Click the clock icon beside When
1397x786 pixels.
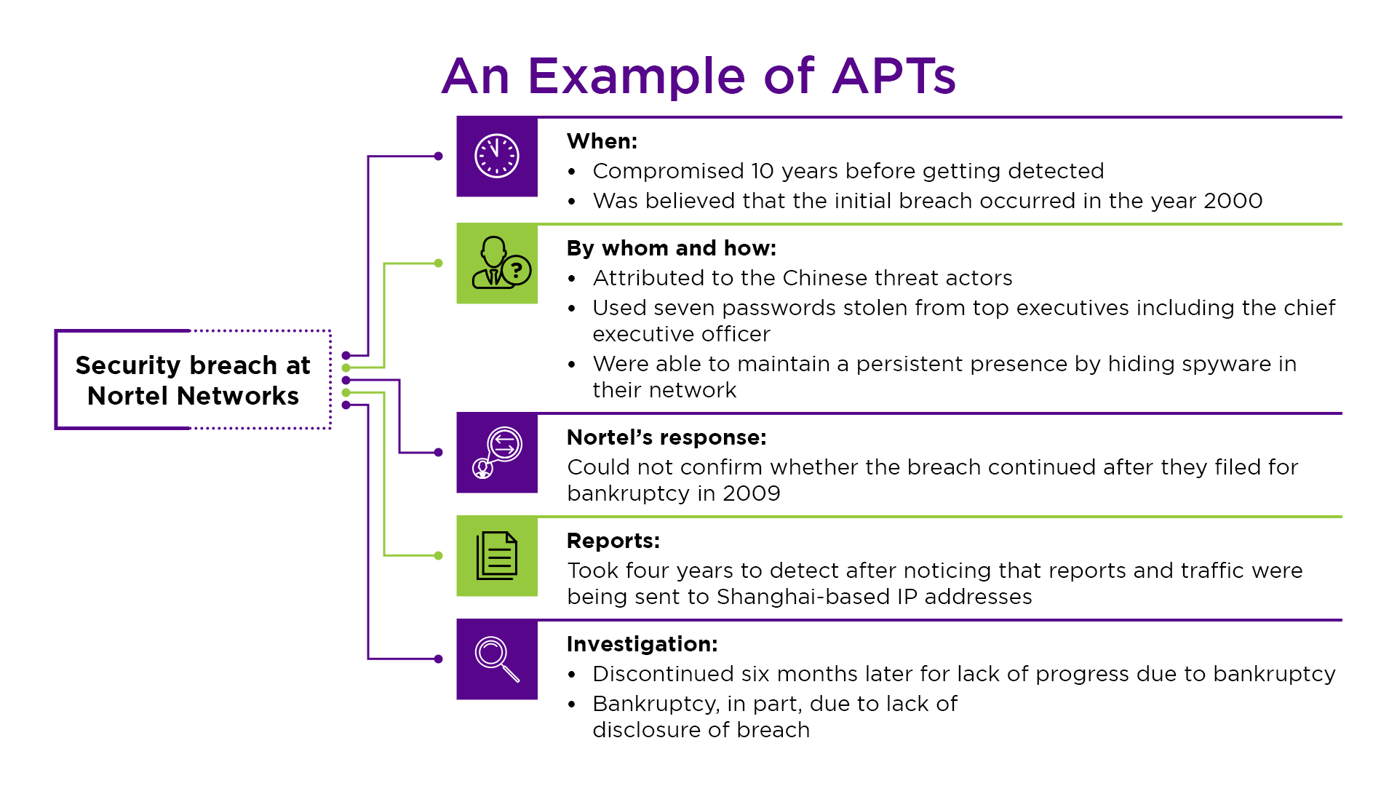pos(497,156)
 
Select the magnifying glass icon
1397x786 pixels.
pos(497,659)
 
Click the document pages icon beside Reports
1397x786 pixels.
pos(497,556)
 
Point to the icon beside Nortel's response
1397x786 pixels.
pos(497,453)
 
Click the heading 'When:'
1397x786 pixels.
pos(602,141)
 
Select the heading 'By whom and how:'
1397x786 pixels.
pos(671,248)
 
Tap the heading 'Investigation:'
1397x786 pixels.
pos(642,644)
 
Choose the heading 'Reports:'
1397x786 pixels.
pos(613,541)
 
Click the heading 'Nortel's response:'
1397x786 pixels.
pos(666,437)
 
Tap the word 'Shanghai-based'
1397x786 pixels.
pos(803,597)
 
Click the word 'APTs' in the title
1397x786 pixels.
pos(893,76)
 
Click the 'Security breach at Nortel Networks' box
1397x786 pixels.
pos(193,380)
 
